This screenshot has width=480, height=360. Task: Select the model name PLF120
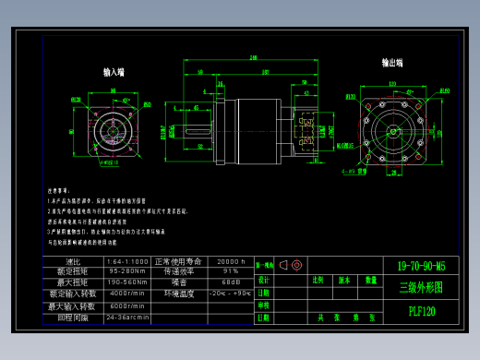tap(421, 311)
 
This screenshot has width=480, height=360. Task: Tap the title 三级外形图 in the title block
tap(421, 287)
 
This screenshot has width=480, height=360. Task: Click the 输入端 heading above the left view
tap(114, 72)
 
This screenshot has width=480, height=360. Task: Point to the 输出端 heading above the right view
tap(392, 63)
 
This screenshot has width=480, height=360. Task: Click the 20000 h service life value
tap(230, 261)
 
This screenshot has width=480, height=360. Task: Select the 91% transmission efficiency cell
tap(230, 271)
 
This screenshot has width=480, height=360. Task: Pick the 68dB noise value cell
tap(230, 282)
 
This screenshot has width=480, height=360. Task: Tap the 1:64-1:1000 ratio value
tap(126, 261)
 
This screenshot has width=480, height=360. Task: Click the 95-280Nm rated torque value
tap(126, 271)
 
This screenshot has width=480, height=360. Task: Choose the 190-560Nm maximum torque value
tap(126, 282)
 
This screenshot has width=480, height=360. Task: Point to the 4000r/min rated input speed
tap(126, 293)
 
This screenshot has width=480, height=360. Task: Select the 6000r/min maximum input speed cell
tap(126, 306)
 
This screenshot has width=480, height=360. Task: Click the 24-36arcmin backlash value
tap(126, 317)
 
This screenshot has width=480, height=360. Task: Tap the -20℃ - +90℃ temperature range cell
tap(230, 293)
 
